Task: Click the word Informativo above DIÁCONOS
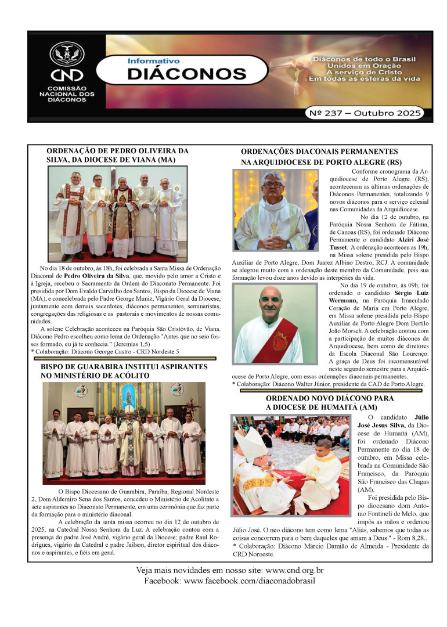pyautogui.click(x=153, y=60)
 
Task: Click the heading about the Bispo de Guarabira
pyautogui.click(x=124, y=372)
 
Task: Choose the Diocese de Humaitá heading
pyautogui.click(x=329, y=403)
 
